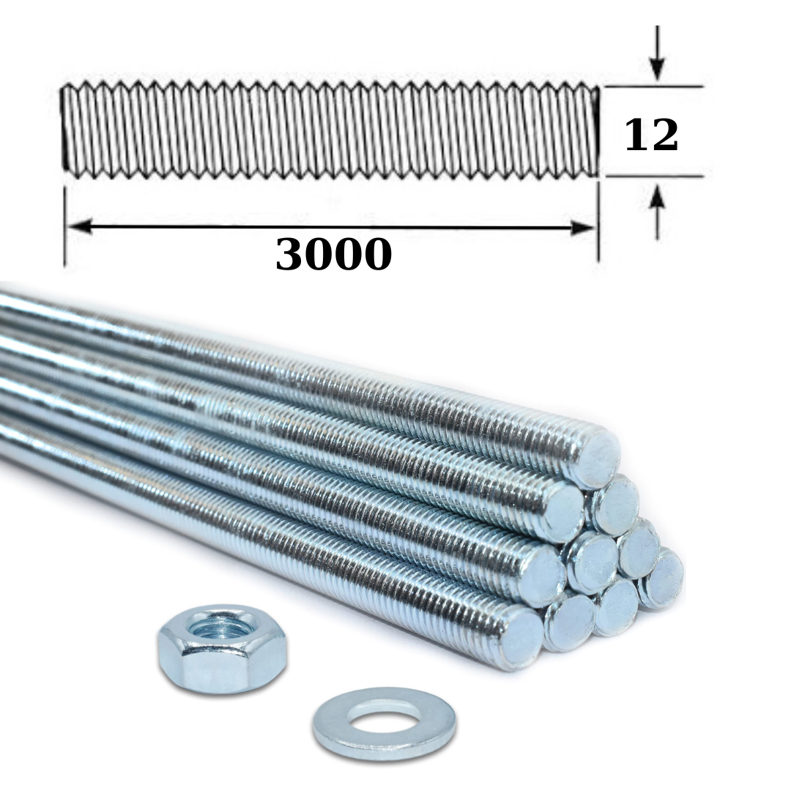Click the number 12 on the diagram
[x=651, y=135]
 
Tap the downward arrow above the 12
[x=656, y=52]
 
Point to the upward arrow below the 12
[x=656, y=212]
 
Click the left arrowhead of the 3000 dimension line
[x=80, y=226]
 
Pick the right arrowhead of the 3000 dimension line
[x=582, y=227]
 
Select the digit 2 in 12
[x=664, y=135]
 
